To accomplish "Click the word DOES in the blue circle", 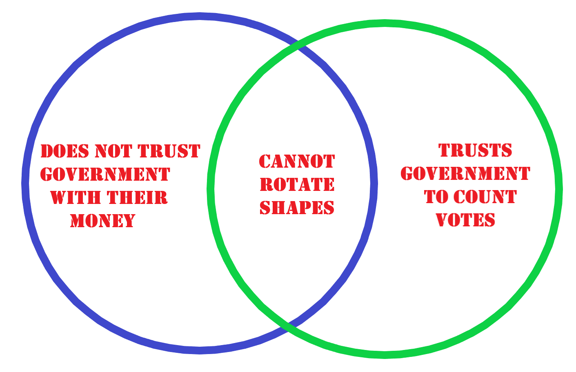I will pyautogui.click(x=65, y=151).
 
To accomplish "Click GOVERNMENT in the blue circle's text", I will pyautogui.click(x=105, y=175).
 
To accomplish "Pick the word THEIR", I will pyautogui.click(x=138, y=198).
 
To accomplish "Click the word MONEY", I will pyautogui.click(x=102, y=221).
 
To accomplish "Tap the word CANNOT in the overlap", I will pyautogui.click(x=297, y=162).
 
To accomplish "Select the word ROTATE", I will pyautogui.click(x=297, y=185).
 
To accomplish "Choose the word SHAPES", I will pyautogui.click(x=297, y=208).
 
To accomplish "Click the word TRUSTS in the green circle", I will pyautogui.click(x=475, y=151).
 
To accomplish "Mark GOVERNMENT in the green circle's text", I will pyautogui.click(x=465, y=174).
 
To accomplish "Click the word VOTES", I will pyautogui.click(x=465, y=220).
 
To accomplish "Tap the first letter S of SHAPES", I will pyautogui.click(x=265, y=208).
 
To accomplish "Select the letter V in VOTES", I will pyautogui.click(x=442, y=220).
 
